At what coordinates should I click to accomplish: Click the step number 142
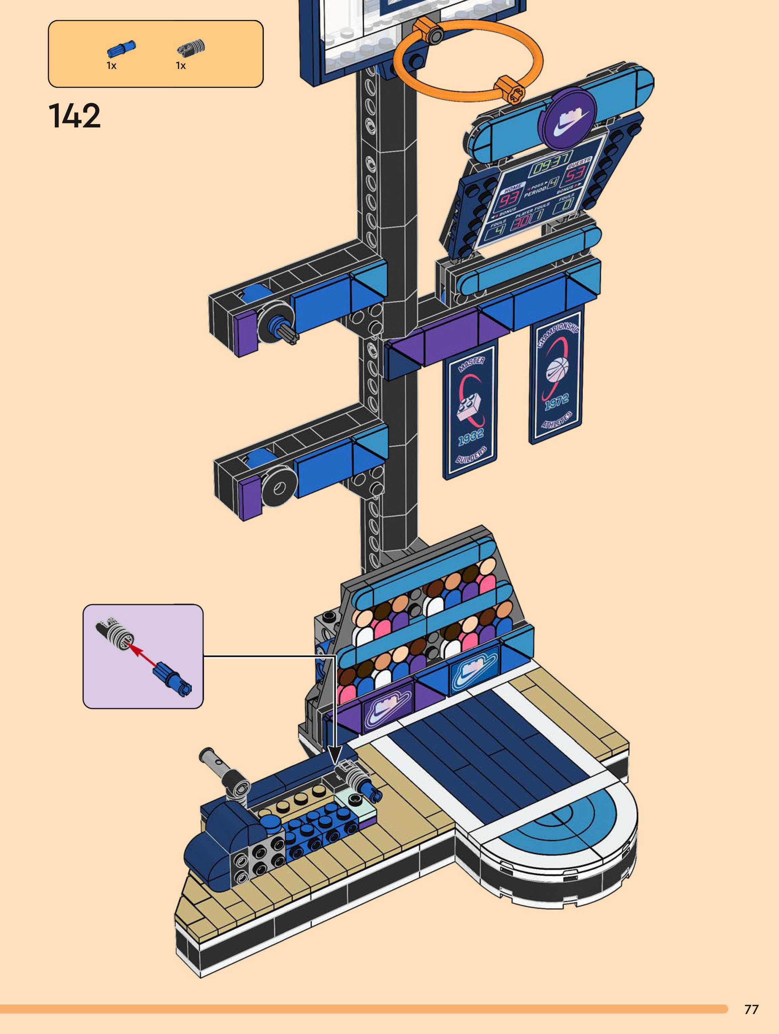[74, 116]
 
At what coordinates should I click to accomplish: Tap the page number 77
[751, 1009]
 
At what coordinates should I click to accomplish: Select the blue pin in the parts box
[121, 49]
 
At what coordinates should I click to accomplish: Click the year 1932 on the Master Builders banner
[470, 437]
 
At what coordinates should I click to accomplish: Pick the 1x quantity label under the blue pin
[111, 66]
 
